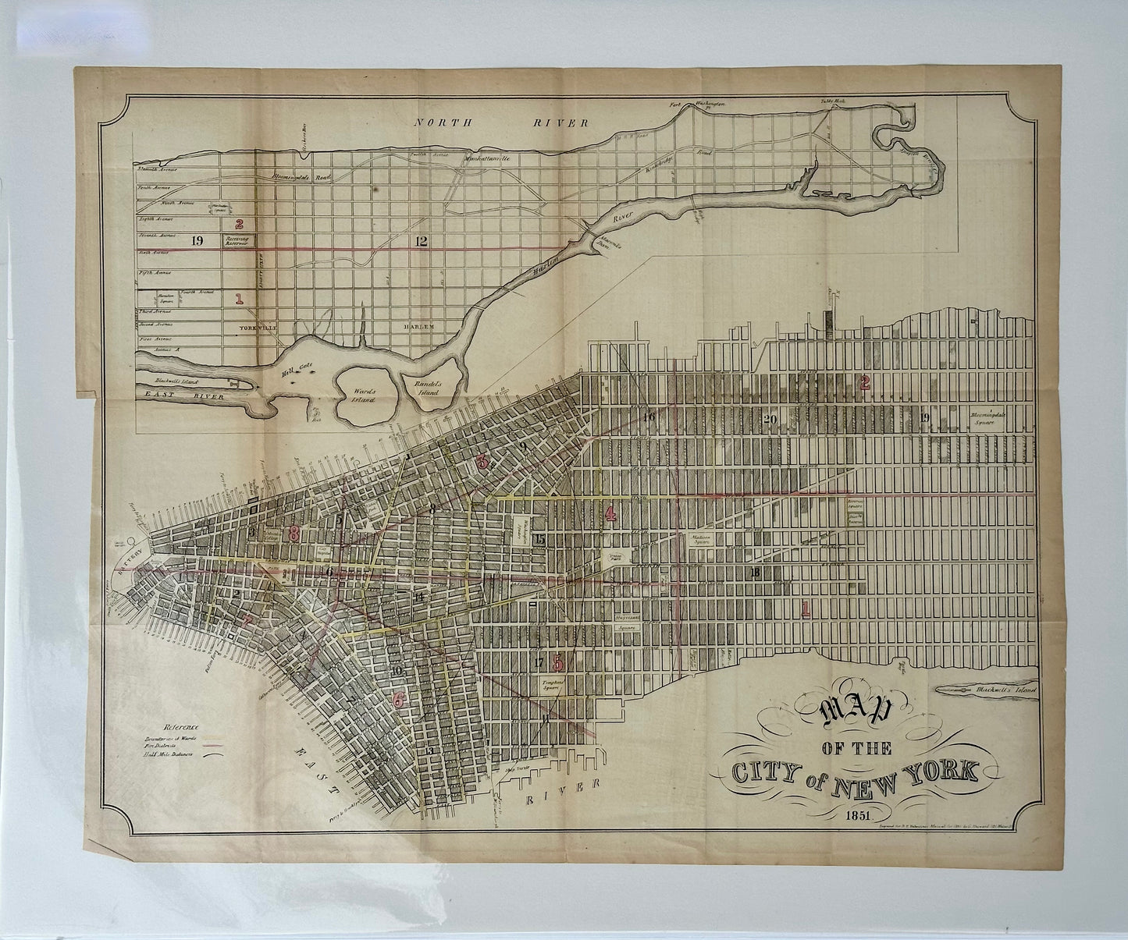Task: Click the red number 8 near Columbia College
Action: [x=294, y=534]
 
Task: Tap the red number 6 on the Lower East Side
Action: [x=399, y=700]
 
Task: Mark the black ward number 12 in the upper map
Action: [x=422, y=240]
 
